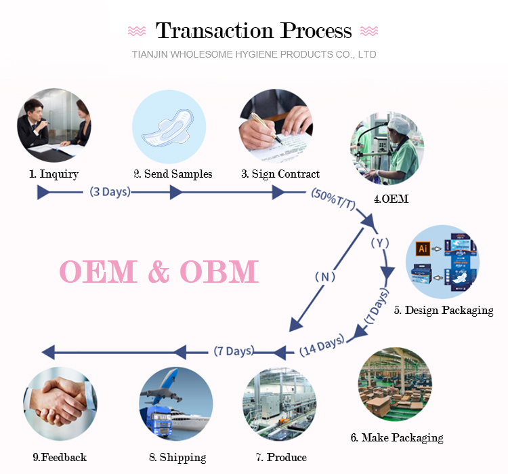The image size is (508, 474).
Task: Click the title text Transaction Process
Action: [254, 31]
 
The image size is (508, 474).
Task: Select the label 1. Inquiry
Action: [54, 174]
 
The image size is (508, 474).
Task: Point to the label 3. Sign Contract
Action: [280, 174]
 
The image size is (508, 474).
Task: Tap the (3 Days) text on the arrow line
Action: [110, 192]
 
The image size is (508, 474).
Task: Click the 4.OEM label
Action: [391, 199]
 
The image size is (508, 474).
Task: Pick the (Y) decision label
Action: [380, 242]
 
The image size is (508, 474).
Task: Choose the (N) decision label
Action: [325, 277]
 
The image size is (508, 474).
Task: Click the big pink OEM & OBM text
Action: [159, 271]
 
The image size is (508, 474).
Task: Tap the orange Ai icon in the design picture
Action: [423, 249]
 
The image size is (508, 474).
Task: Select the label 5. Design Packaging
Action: [444, 311]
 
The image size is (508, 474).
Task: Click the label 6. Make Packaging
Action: [397, 437]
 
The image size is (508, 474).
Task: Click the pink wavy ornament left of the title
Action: [137, 31]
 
